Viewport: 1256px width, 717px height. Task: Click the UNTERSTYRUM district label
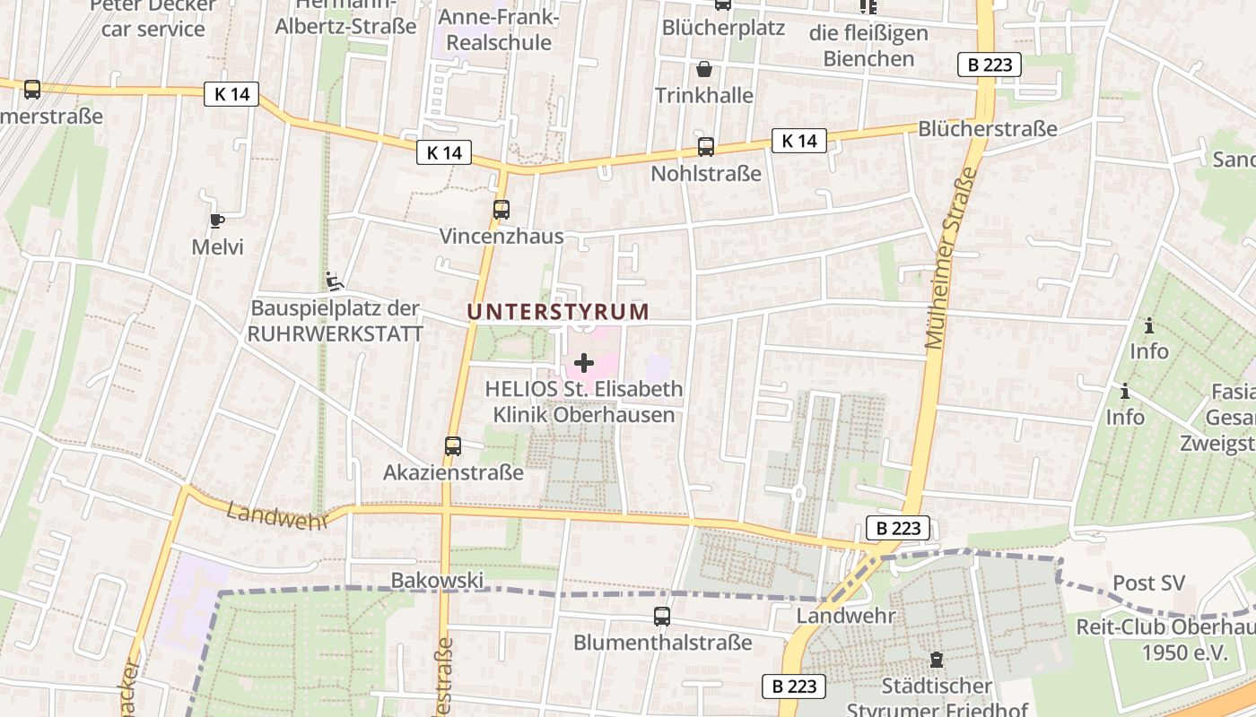point(558,312)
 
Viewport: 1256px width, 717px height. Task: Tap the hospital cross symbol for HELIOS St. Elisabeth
point(584,363)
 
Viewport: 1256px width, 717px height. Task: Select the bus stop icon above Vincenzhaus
point(501,210)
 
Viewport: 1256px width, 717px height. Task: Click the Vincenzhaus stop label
point(502,237)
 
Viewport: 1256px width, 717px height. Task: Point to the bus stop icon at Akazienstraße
point(453,445)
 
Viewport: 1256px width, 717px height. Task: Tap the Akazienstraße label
point(453,472)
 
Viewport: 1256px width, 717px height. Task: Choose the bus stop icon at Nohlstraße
point(706,147)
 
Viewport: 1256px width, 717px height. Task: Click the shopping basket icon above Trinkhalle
point(704,69)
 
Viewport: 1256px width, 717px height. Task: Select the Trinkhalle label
point(704,95)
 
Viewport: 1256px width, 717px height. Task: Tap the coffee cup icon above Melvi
point(216,220)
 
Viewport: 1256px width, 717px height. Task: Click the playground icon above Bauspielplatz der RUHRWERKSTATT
point(334,281)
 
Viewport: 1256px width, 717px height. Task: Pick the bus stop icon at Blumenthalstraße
point(662,617)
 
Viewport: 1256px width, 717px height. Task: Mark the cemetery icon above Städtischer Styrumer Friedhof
point(937,661)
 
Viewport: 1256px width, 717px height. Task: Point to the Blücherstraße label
point(988,128)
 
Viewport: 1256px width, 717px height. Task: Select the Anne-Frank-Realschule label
point(499,30)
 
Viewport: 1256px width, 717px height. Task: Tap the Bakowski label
point(437,581)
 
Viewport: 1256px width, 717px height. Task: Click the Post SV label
point(1149,583)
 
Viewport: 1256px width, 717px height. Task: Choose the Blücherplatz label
point(723,28)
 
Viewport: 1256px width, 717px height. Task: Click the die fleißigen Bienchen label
point(868,46)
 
